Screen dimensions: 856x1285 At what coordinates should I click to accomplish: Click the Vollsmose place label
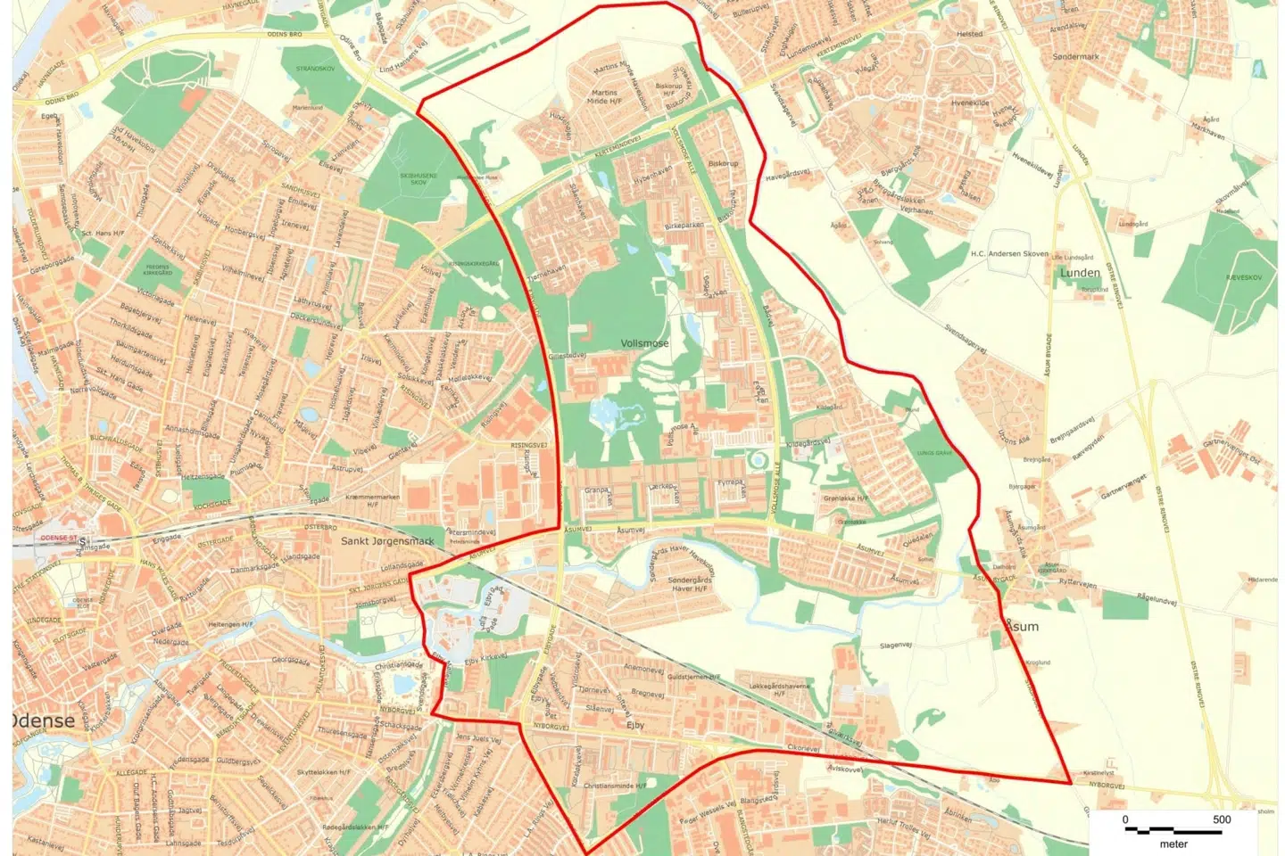click(644, 343)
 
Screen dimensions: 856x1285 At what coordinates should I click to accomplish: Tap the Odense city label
click(43, 720)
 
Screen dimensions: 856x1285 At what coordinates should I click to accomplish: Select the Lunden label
click(1080, 273)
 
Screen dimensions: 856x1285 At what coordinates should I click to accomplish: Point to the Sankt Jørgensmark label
click(387, 541)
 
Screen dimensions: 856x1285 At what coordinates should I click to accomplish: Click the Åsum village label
click(1023, 627)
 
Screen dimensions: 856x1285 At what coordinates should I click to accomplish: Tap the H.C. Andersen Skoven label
click(1009, 254)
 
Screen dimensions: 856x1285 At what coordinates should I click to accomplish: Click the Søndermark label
click(1075, 56)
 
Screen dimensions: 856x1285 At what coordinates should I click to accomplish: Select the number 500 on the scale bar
click(1222, 819)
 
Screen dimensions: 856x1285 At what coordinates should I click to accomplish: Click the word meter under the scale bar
click(1173, 844)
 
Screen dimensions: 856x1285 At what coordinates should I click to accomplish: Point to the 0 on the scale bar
click(1125, 819)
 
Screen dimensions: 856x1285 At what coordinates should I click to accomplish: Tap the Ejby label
click(635, 725)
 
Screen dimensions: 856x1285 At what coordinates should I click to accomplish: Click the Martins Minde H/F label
click(604, 96)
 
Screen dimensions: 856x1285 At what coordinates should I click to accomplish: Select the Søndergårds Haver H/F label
click(690, 584)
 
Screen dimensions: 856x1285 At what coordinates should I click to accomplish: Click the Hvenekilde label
click(970, 103)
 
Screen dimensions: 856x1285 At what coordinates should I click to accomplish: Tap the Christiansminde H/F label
click(614, 786)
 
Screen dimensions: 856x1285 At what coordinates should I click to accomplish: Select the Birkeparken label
click(684, 226)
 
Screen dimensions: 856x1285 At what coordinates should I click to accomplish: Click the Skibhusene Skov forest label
click(418, 178)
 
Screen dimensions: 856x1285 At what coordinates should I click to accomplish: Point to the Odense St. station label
click(60, 539)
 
